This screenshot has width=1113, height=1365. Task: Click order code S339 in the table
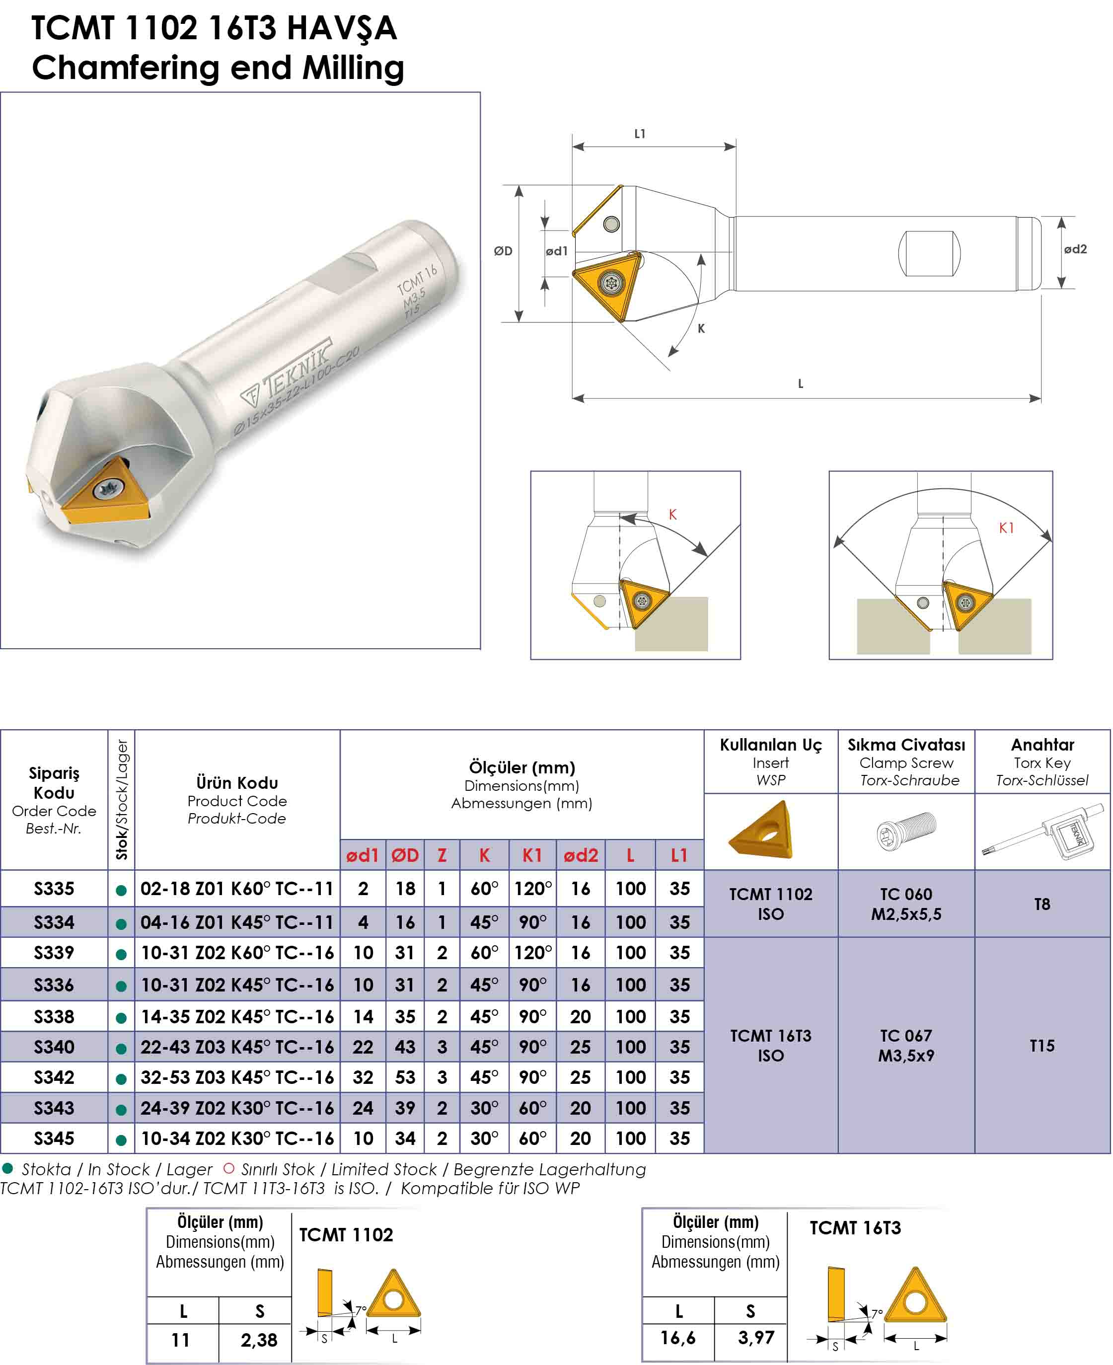click(x=54, y=953)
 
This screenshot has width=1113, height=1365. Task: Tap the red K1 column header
click(x=532, y=855)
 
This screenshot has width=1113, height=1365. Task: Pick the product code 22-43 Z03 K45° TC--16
click(x=237, y=1047)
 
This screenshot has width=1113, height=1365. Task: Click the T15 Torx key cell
click(x=1042, y=1046)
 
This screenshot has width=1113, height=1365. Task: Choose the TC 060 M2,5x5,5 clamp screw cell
click(x=906, y=904)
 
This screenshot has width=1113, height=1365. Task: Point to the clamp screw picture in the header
click(x=906, y=832)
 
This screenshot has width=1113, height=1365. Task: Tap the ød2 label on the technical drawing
click(x=1075, y=249)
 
